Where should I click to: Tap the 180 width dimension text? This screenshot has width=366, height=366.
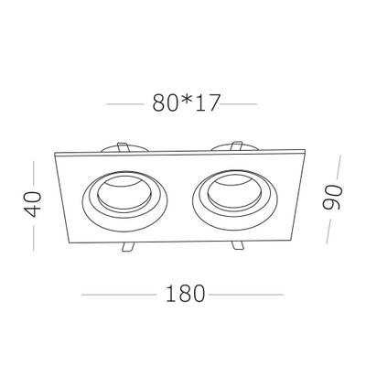tap(183, 295)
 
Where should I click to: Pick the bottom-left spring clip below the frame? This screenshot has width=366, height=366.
tap(129, 248)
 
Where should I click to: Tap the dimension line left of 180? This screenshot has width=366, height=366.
tap(119, 295)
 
